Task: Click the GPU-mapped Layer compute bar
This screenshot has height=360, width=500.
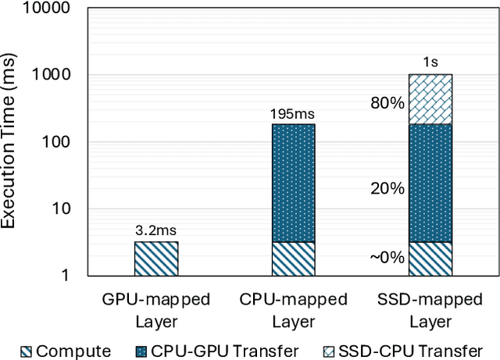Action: pos(156,258)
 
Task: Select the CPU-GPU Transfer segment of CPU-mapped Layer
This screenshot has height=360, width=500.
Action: pos(293,183)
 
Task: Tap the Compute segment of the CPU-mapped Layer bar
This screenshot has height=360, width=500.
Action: pos(293,258)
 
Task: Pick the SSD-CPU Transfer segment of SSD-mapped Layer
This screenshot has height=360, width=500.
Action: pos(430,99)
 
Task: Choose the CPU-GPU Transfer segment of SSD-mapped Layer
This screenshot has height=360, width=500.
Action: pos(430,183)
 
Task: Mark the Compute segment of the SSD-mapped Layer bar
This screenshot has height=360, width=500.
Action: pos(430,258)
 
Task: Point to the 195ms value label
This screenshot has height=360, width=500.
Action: pos(293,114)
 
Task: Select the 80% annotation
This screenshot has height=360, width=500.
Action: pos(387,102)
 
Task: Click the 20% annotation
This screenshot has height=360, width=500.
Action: pos(387,188)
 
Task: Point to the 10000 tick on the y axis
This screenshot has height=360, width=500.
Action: pos(48,9)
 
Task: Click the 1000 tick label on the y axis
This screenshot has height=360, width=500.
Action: pos(52,76)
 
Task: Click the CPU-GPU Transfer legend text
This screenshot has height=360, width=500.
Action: pos(221,351)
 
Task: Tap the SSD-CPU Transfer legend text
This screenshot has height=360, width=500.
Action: pos(412,351)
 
